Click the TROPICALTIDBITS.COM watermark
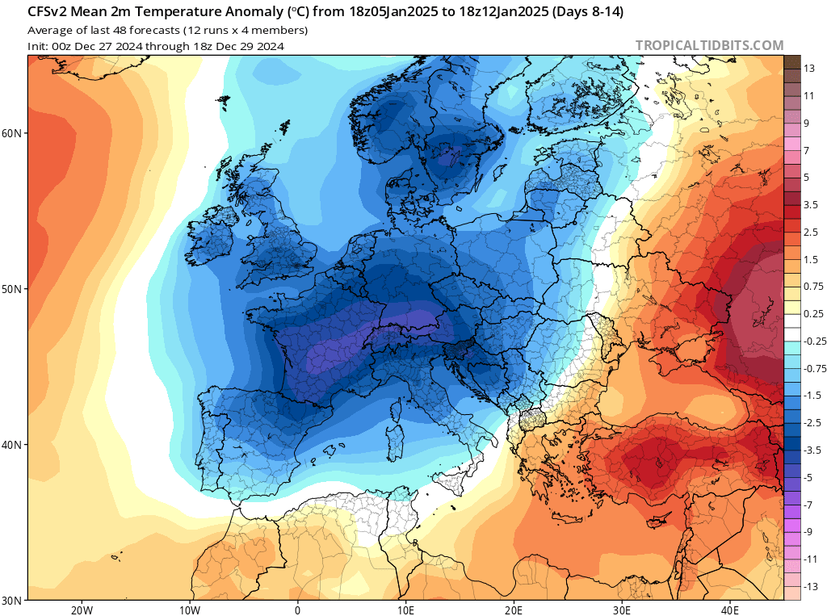click(x=709, y=46)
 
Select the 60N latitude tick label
click(x=14, y=133)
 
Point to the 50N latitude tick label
click(x=14, y=289)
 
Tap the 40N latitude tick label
click(x=14, y=445)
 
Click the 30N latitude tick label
click(x=14, y=600)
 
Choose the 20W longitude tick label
click(x=82, y=610)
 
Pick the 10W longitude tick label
click(x=190, y=610)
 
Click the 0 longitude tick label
click(x=297, y=610)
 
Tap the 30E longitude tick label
click(x=622, y=610)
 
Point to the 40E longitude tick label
click(x=730, y=610)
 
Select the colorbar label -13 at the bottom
click(x=810, y=586)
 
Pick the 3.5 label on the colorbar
click(x=811, y=204)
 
